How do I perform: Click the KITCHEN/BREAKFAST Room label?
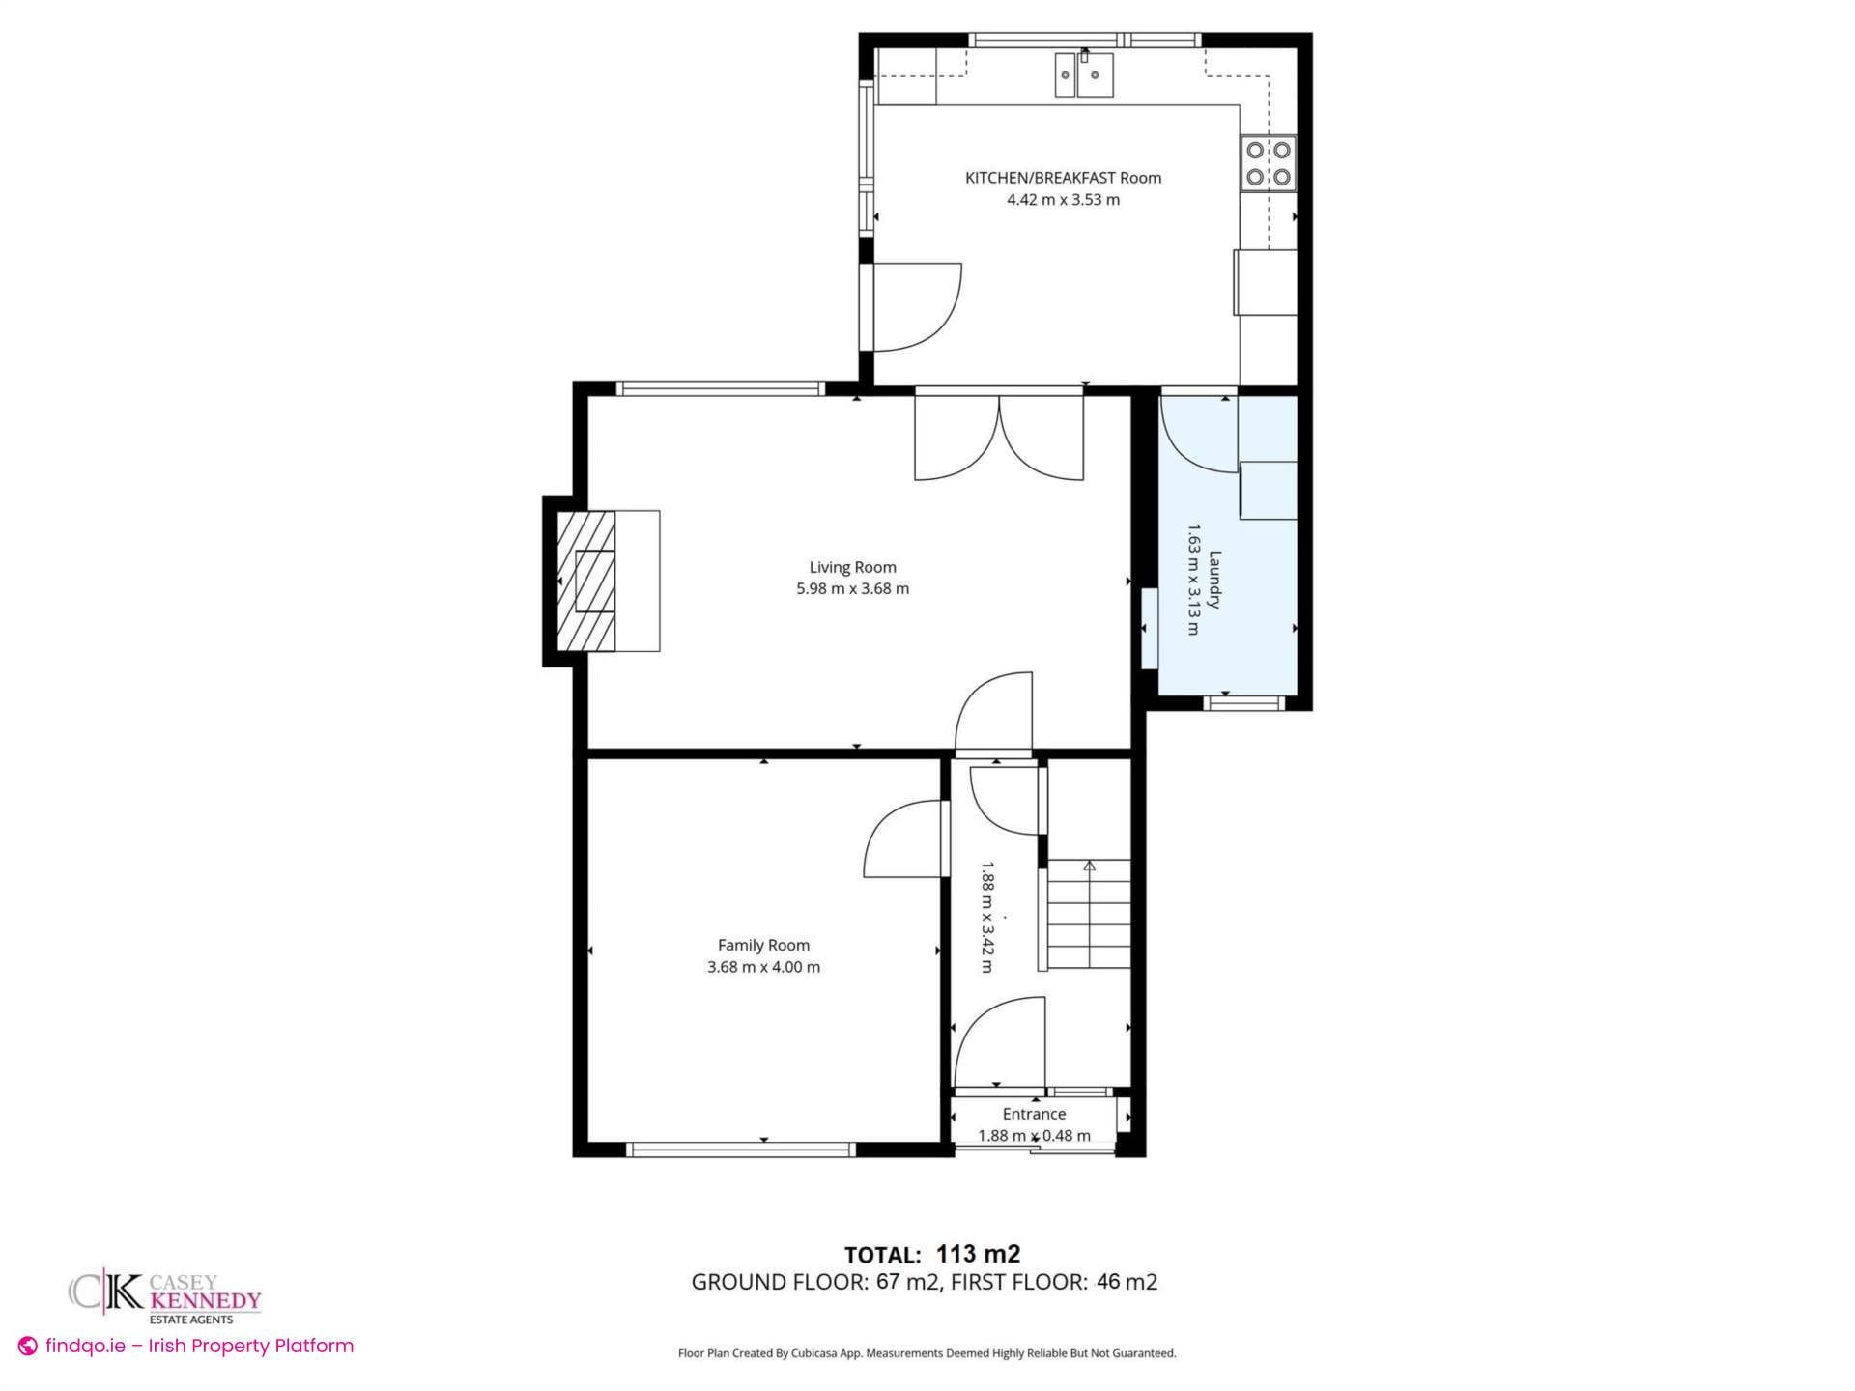(1063, 178)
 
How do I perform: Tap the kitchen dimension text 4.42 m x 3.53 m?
(1063, 200)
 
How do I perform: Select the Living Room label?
(852, 567)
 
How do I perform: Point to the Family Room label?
(763, 945)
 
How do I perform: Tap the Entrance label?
(1034, 1114)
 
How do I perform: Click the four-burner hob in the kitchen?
(1269, 163)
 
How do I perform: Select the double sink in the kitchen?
(1083, 74)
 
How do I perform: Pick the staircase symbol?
(1089, 914)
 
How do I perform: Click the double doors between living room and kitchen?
(999, 437)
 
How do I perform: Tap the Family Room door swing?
(903, 838)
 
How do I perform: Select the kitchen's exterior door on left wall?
(913, 306)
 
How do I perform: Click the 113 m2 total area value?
(978, 1254)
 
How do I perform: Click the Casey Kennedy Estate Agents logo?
(164, 1296)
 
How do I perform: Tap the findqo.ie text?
(85, 1346)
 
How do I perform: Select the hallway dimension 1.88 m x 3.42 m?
(986, 917)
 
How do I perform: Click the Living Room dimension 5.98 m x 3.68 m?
(852, 588)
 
